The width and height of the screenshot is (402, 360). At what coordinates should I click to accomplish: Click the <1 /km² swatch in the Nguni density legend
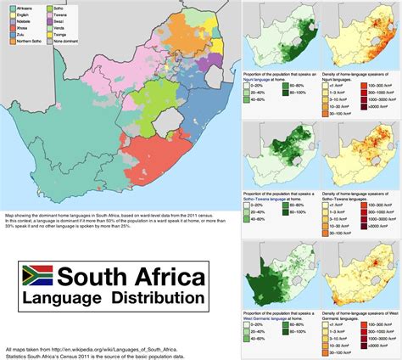pyautogui.click(x=327, y=83)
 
